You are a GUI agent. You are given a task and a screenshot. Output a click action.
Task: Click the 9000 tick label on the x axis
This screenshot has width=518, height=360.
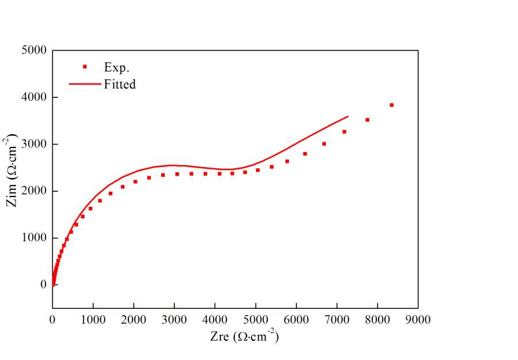pyautogui.click(x=418, y=319)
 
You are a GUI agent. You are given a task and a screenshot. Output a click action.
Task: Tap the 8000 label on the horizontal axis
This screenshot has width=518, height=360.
pyautogui.click(x=378, y=319)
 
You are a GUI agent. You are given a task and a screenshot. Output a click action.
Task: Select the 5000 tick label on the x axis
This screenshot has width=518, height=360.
pyautogui.click(x=256, y=319)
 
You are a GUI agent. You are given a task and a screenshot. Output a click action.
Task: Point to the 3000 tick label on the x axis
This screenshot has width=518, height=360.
pyautogui.click(x=174, y=319)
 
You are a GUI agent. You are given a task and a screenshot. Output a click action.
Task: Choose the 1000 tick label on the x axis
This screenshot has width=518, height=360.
pyautogui.click(x=93, y=319)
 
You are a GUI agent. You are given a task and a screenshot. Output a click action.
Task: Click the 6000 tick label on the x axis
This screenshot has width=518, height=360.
pyautogui.click(x=296, y=319)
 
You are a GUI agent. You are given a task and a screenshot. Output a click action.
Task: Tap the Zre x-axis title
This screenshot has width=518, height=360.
pyautogui.click(x=244, y=337)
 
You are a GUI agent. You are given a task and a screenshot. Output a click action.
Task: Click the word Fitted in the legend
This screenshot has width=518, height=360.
pyautogui.click(x=120, y=84)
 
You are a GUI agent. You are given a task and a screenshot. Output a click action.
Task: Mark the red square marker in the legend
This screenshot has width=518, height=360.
pyautogui.click(x=85, y=67)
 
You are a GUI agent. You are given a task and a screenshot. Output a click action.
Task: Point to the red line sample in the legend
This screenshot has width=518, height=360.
pyautogui.click(x=85, y=84)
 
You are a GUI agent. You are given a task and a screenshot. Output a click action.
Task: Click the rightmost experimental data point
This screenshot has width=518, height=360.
pyautogui.click(x=391, y=105)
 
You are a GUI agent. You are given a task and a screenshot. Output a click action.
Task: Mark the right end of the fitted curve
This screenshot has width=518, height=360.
pyautogui.click(x=348, y=116)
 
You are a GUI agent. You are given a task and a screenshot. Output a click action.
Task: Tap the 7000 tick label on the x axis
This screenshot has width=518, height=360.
pyautogui.click(x=337, y=319)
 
